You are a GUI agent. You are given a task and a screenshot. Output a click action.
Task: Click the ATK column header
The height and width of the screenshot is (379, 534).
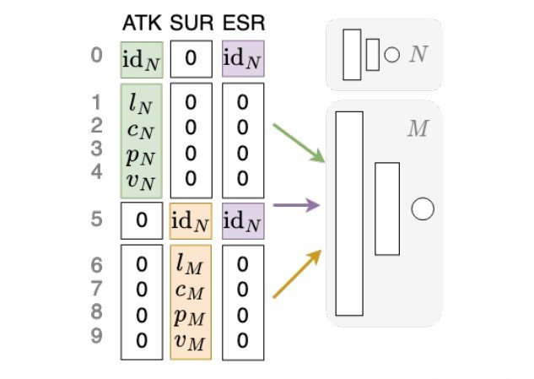click(x=141, y=22)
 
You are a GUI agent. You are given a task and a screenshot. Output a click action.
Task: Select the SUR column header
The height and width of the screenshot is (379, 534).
click(x=191, y=22)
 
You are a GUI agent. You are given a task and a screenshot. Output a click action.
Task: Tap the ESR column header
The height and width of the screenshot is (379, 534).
click(x=242, y=22)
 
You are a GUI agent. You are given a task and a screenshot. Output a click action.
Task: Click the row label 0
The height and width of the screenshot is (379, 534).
click(x=97, y=57)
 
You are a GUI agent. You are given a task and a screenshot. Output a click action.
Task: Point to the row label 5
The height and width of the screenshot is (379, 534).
click(x=97, y=219)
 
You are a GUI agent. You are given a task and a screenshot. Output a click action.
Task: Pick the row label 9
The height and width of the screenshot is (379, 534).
click(x=97, y=336)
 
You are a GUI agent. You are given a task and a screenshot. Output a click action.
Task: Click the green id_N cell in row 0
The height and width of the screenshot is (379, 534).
click(x=142, y=58)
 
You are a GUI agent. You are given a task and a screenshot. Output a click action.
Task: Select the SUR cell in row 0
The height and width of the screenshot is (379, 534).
click(x=191, y=58)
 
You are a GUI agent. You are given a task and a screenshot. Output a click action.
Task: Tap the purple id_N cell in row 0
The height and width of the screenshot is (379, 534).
click(x=244, y=58)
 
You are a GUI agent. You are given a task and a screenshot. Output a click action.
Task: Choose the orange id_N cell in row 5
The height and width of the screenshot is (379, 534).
click(x=191, y=220)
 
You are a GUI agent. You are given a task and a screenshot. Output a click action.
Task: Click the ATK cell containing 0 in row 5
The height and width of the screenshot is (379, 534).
click(x=142, y=220)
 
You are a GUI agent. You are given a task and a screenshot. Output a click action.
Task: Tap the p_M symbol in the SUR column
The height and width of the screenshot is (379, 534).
click(x=191, y=317)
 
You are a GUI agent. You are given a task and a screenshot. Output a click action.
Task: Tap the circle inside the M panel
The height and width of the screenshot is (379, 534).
click(x=422, y=208)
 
